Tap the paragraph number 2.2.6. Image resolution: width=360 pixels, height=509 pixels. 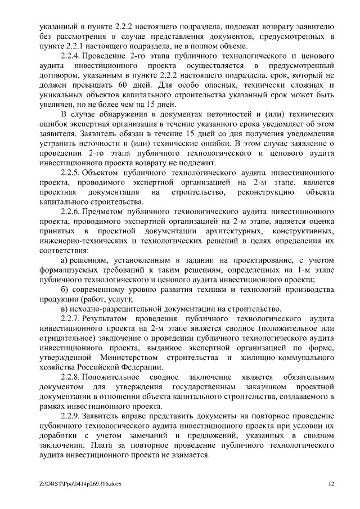point(71,212)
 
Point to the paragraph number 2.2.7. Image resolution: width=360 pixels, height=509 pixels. point(71,318)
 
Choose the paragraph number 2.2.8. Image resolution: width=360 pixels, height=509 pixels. point(71,376)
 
